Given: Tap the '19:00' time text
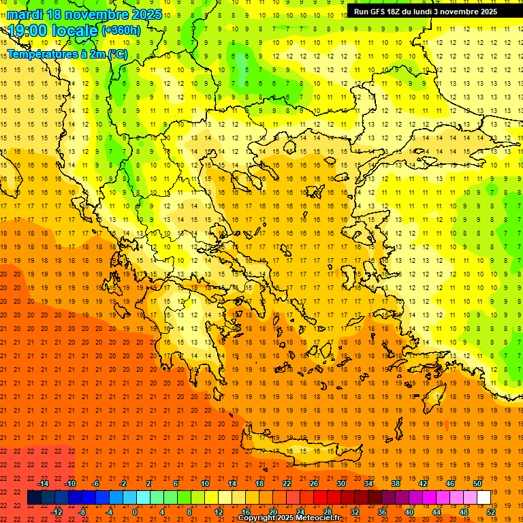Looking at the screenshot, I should coord(27,31).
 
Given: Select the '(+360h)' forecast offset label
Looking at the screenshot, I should coord(121,31).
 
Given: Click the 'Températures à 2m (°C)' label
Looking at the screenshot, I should coord(67,53).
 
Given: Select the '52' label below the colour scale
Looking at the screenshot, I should coord(491,511).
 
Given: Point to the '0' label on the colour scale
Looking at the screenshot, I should coord(135,511).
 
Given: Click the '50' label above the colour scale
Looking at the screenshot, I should coord(477,484).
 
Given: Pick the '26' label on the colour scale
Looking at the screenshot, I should coord(314,484).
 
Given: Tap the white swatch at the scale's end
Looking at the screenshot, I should coord(484,497).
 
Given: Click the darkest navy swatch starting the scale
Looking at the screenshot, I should coord(34,497).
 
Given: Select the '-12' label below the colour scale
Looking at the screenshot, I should coord(57,511).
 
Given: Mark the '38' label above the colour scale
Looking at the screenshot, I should coord(395,484).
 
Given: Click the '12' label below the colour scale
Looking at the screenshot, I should coord(219,511).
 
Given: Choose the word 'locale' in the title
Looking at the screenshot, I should coord(76,31).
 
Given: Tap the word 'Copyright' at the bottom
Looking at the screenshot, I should coord(257,518).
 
